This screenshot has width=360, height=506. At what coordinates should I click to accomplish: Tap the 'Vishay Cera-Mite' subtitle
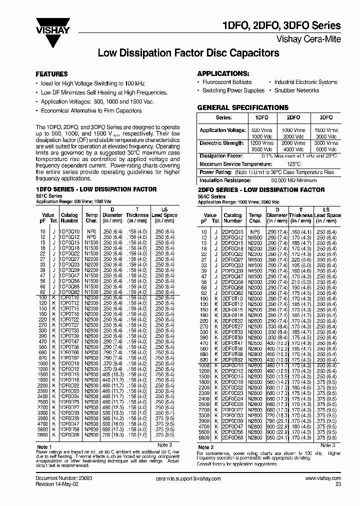click(308, 38)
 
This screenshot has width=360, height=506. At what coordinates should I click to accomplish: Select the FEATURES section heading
click(51, 73)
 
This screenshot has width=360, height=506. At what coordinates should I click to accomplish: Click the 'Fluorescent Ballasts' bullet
click(226, 82)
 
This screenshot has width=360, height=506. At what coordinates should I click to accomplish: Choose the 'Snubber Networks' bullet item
click(296, 90)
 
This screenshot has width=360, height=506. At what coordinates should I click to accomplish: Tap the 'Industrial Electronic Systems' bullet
click(306, 82)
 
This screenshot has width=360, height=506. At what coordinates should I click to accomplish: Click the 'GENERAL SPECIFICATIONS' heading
click(242, 107)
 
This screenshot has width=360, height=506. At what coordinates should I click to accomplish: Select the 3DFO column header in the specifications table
click(319, 117)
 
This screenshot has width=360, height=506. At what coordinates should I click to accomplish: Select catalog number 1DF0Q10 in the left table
click(69, 232)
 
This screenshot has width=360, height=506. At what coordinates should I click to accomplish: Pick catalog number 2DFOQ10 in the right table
click(232, 232)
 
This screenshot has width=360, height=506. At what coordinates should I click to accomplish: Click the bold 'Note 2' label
click(206, 447)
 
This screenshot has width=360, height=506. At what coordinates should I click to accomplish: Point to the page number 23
click(338, 484)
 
